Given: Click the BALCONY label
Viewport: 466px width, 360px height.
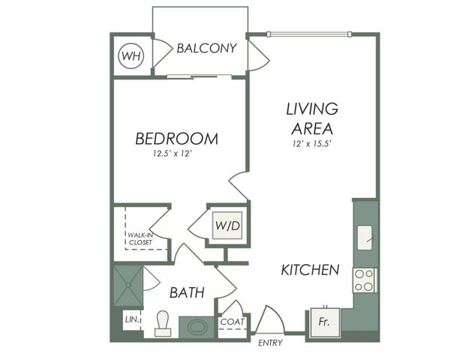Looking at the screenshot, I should [x=206, y=48].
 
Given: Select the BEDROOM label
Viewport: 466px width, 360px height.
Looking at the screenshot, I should [x=177, y=139].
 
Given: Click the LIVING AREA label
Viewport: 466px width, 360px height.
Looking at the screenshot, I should [x=311, y=118].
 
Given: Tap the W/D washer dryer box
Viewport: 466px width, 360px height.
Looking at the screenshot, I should [x=227, y=224].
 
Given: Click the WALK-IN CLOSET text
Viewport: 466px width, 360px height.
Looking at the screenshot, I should [x=140, y=238].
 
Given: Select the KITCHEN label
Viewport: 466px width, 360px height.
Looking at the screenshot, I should [x=310, y=270].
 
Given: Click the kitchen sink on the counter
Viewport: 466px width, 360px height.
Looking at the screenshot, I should [x=365, y=238].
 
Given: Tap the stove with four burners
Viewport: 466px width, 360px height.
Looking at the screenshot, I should [x=365, y=280].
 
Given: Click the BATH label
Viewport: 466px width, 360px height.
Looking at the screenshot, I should [x=186, y=292].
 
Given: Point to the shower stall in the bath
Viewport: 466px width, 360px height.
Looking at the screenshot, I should [x=128, y=285].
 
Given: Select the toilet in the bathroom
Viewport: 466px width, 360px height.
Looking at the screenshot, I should [x=161, y=325].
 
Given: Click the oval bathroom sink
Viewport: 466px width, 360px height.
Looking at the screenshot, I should [x=197, y=327].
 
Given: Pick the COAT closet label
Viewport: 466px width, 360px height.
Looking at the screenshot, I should [x=230, y=322].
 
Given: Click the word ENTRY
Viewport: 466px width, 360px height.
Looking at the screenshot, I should [x=270, y=343].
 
